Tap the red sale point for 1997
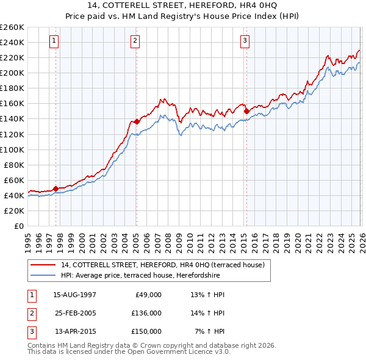click(x=56, y=189)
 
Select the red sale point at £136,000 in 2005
click(x=137, y=122)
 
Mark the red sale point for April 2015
click(x=246, y=111)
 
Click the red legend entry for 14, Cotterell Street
click(x=162, y=265)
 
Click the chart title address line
click(x=183, y=6)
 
